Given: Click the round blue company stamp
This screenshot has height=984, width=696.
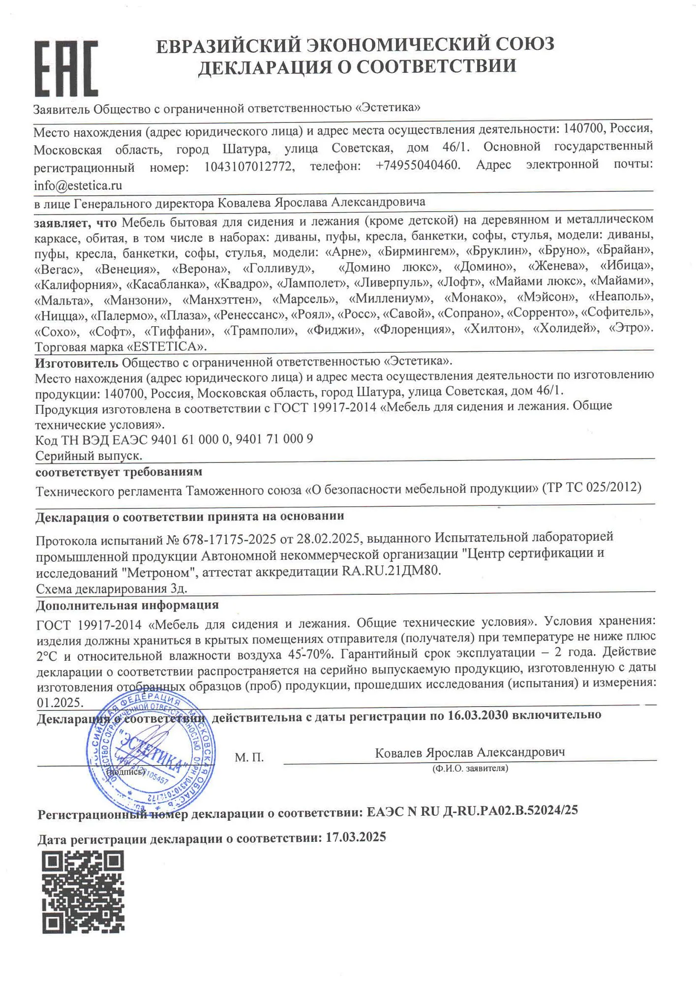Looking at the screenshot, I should click(151, 753).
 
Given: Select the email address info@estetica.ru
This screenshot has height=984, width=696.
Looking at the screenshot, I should click(78, 185).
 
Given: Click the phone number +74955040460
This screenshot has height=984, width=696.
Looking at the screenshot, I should click(418, 165).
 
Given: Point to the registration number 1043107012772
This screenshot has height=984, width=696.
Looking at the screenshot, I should click(249, 166).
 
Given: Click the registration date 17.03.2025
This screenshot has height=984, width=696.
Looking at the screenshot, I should click(356, 837).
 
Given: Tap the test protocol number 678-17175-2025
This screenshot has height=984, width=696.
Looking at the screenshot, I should click(229, 540).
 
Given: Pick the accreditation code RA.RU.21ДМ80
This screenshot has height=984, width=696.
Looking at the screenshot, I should click(391, 571).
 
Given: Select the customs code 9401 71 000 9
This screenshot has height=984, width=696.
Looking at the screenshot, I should click(274, 439).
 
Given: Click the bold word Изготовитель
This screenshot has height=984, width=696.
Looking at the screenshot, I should click(76, 363).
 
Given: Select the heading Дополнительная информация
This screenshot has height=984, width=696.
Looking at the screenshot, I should click(127, 605).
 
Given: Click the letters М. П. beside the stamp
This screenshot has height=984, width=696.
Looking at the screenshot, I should click(249, 757).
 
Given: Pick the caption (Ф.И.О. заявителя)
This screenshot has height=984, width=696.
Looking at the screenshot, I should click(470, 768).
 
